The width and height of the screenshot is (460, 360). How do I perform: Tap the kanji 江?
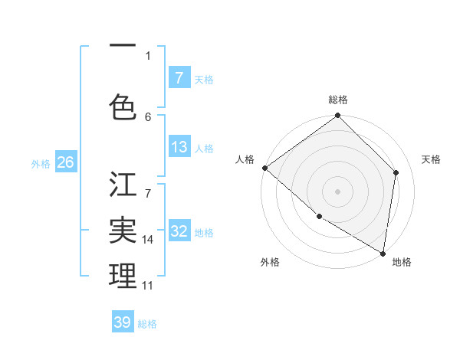click(x=123, y=185)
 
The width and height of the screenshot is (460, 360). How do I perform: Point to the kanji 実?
click(x=123, y=230)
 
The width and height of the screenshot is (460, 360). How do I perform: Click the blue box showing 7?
click(x=179, y=77)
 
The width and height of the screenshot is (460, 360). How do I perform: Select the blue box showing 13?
click(x=179, y=147)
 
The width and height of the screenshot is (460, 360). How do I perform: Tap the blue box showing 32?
click(x=179, y=231)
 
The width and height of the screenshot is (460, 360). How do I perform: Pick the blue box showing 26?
click(x=65, y=162)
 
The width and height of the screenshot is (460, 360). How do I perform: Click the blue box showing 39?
click(x=122, y=322)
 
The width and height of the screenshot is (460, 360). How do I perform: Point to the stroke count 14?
click(x=148, y=239)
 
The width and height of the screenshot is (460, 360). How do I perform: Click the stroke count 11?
click(x=148, y=285)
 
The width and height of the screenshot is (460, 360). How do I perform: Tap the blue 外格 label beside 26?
click(x=41, y=163)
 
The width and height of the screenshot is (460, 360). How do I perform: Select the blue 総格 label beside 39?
click(x=147, y=323)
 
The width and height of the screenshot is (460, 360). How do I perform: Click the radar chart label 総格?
click(x=338, y=100)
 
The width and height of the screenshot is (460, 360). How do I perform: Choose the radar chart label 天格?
click(x=431, y=159)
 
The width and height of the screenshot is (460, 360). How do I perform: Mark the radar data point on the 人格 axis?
click(x=264, y=168)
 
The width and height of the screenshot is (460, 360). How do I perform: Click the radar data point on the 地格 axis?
click(x=383, y=253)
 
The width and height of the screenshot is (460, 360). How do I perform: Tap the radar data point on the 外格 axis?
click(x=319, y=217)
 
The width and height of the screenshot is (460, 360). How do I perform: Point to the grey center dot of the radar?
click(x=337, y=191)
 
